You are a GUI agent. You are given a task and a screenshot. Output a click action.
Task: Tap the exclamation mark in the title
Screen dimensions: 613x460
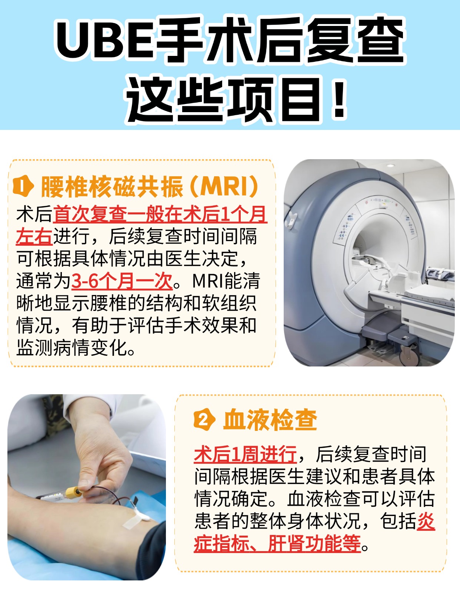point(339,100)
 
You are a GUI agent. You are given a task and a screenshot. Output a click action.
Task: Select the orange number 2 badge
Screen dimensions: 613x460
point(204,420)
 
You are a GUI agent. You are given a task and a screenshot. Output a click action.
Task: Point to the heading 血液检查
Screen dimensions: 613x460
point(270,420)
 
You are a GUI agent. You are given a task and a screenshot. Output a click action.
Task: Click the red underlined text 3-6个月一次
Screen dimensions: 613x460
point(122,281)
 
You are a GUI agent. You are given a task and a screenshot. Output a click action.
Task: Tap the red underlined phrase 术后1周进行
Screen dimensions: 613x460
point(245,454)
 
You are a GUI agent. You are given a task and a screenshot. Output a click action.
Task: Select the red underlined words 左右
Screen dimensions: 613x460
point(34,237)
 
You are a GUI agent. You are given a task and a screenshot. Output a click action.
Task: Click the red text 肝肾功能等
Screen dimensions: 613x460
point(314,543)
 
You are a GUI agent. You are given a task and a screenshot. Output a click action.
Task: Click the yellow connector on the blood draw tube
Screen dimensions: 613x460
point(74,492)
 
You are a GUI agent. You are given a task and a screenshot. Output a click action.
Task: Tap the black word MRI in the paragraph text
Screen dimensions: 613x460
point(208,281)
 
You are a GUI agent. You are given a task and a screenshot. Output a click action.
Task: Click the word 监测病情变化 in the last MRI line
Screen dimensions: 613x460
point(72,348)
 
